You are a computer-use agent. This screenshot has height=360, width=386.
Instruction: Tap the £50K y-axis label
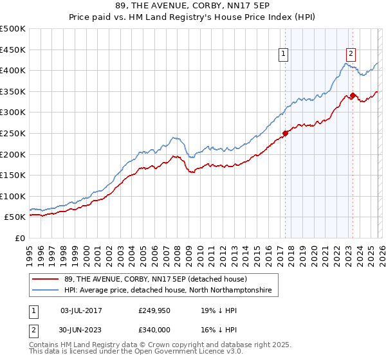pos(15,217)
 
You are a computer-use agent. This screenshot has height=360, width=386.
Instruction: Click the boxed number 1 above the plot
pos(284,55)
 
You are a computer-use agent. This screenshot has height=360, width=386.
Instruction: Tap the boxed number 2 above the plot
pos(351,55)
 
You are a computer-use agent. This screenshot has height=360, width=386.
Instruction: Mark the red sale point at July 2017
pos(285,134)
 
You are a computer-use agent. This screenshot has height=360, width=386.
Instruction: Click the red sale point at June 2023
pos(353,96)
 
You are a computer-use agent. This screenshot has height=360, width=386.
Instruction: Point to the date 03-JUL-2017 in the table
pos(81,310)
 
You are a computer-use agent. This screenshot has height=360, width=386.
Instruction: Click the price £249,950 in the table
pos(154,310)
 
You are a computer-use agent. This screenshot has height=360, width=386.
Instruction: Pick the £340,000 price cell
pos(154,330)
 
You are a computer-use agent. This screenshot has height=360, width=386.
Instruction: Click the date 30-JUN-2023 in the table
pos(81,330)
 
